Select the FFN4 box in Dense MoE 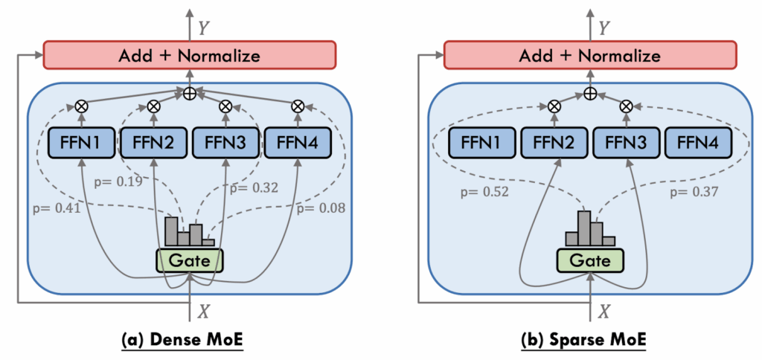[x=298, y=143]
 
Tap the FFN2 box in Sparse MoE [x=553, y=143]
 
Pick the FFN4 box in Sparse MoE [x=699, y=143]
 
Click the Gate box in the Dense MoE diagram [x=189, y=260]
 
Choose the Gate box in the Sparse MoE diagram [x=589, y=260]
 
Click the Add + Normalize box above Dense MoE [x=190, y=55]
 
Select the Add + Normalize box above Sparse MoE [x=589, y=55]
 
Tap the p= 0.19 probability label [x=120, y=180]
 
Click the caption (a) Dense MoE [x=190, y=341]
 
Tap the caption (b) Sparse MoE [x=589, y=341]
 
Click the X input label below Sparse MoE [x=603, y=311]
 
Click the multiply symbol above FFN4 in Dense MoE [x=298, y=106]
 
